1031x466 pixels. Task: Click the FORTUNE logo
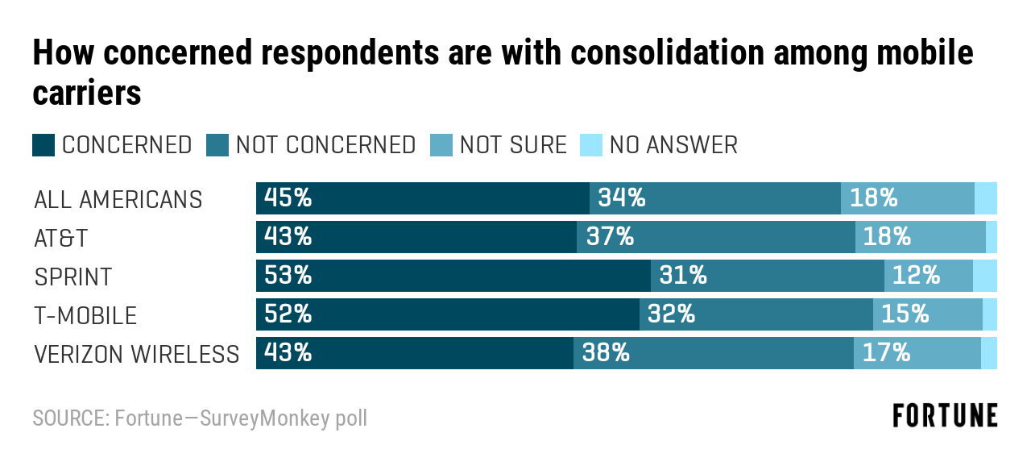[x=945, y=416]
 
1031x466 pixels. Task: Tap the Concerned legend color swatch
[x=43, y=145]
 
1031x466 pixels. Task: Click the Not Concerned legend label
[x=325, y=145]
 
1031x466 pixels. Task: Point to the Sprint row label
[x=73, y=277]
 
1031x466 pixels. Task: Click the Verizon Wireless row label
[x=137, y=354]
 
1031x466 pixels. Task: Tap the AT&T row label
[x=61, y=238]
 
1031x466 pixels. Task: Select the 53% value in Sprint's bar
[x=288, y=276]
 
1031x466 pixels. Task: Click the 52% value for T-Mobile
[x=288, y=314]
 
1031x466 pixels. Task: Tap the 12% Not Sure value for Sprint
[x=916, y=276]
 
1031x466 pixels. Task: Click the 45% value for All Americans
[x=288, y=198]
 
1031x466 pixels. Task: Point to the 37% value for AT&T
[x=610, y=237]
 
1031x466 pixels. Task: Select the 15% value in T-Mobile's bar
[x=905, y=314]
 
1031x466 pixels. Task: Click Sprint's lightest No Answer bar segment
[x=985, y=276]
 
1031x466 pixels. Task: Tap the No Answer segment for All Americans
[x=986, y=198]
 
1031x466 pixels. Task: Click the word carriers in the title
[x=87, y=93]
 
